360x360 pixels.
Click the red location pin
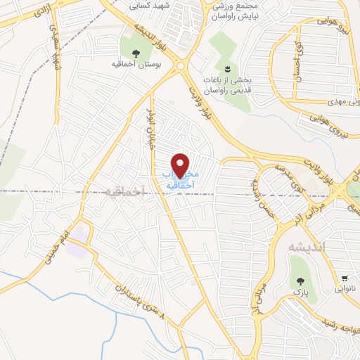click(x=181, y=165)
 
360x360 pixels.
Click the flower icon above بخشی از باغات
click(x=227, y=69)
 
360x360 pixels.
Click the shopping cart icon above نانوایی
click(x=345, y=278)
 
